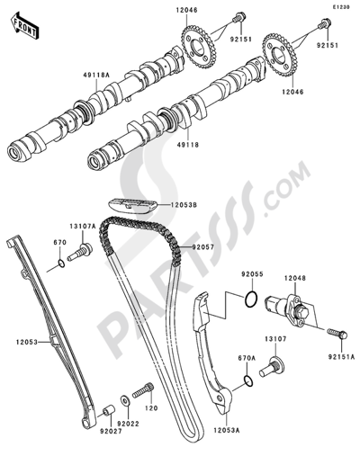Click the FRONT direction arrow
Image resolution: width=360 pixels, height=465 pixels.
[24, 25]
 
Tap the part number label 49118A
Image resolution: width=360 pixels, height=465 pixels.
[96, 76]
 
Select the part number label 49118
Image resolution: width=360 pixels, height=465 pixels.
[188, 145]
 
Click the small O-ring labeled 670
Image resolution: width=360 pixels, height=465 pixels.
[61, 264]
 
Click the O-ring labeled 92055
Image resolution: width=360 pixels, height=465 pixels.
[251, 299]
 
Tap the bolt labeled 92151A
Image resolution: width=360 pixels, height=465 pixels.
[337, 334]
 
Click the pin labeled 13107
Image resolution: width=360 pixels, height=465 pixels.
[272, 366]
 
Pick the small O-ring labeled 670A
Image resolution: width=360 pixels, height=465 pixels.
[248, 380]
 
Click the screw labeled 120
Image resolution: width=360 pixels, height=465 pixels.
[143, 390]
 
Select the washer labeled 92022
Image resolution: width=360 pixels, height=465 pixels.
[124, 400]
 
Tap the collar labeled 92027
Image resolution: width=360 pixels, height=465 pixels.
[109, 410]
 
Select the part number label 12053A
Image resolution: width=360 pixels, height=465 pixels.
[227, 431]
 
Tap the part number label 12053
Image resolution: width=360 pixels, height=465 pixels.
[27, 342]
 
